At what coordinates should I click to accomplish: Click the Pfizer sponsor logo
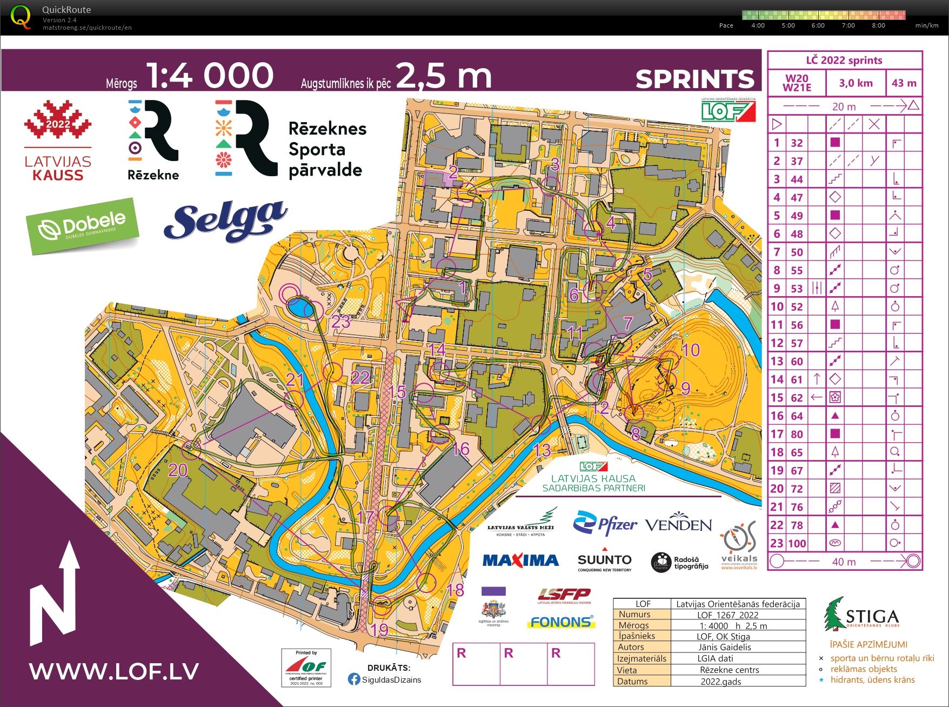pyautogui.click(x=605, y=523)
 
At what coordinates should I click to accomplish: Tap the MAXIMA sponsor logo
pyautogui.click(x=520, y=560)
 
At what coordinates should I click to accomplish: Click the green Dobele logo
pyautogui.click(x=83, y=226)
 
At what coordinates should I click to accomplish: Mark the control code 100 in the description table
pyautogui.click(x=797, y=543)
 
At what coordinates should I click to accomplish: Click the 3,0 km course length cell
pyautogui.click(x=856, y=83)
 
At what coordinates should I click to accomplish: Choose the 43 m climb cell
pyautogui.click(x=904, y=83)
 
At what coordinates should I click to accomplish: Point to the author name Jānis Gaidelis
pyautogui.click(x=724, y=647)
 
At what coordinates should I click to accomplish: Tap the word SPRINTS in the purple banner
pyautogui.click(x=694, y=79)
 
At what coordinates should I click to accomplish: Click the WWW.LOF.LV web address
pyautogui.click(x=114, y=671)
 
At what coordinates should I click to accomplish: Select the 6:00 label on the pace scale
pyautogui.click(x=818, y=25)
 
